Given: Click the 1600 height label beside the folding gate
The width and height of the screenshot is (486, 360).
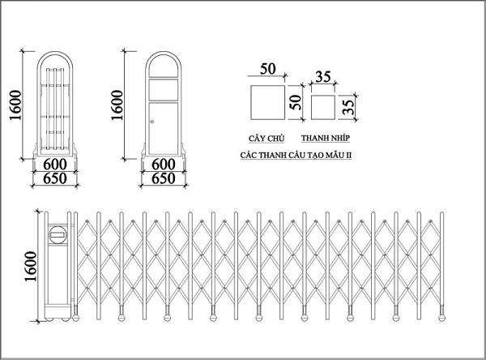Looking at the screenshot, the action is pos(31,266).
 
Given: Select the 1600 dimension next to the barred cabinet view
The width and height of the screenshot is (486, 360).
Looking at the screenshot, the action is pos(15,105).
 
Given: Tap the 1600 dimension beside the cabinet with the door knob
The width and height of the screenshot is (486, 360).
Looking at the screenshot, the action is pos(117,105).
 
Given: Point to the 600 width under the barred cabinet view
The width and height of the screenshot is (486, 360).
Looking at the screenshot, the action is pos(55,164).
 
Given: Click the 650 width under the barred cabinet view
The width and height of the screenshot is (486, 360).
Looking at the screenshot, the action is pos(55,178).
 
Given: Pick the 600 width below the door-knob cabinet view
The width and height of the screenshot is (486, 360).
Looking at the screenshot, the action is pos(164,164).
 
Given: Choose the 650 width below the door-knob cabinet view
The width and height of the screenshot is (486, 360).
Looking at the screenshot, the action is pos(164,178).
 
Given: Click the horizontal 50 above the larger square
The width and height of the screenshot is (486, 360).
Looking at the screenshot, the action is pos(267,69).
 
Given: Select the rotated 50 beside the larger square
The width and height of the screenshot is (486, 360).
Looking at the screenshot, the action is pos(296,102).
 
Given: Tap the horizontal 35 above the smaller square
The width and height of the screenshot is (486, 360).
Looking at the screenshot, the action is pos(323,77).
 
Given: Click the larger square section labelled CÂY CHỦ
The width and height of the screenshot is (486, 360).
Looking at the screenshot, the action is pos(268,102).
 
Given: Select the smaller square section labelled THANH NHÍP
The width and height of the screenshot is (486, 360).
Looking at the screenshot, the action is pos(323,107).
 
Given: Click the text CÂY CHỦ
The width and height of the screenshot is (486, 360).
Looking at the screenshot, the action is pos(266,139).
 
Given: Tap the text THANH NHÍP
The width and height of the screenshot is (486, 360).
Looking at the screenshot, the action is pos(326,138).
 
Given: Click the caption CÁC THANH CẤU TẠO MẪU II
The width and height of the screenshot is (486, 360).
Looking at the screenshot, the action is pos(296,155).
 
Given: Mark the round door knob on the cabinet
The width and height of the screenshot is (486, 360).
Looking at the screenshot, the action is pos(152,122).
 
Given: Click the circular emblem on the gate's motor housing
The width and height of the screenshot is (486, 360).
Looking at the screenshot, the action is pos(58,234).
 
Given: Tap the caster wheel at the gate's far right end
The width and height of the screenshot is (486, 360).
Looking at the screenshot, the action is pos(441,318).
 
